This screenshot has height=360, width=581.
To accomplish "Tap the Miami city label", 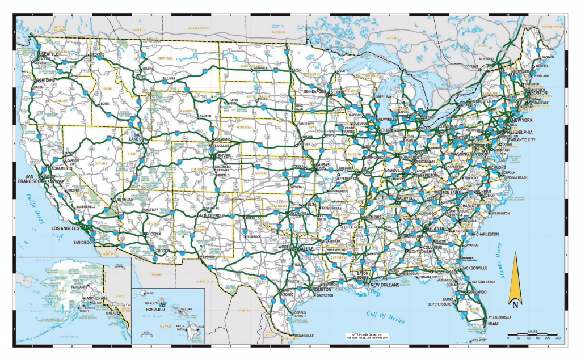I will (494, 324).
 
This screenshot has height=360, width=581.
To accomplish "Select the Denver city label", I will (223, 155).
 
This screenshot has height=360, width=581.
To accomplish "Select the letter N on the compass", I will (515, 304).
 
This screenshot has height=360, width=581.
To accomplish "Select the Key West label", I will (479, 340).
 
